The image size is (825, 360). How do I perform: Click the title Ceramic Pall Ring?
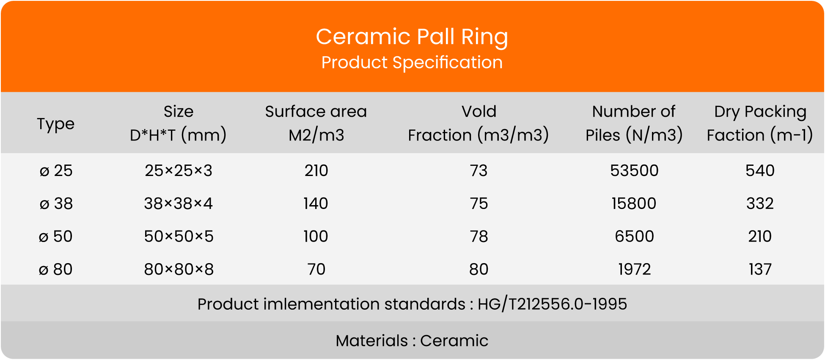[412, 37]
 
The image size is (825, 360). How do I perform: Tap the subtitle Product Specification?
[412, 63]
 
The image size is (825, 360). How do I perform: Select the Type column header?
[55, 124]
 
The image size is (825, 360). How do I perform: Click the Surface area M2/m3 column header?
[316, 123]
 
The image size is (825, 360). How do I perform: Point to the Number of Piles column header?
[634, 123]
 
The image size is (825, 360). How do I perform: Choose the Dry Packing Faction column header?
[760, 123]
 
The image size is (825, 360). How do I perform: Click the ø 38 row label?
[56, 203]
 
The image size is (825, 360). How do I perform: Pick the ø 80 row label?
[55, 269]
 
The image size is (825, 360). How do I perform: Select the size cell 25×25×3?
[179, 170]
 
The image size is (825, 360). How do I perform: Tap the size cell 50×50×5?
[179, 236]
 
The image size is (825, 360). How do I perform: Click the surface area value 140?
[316, 203]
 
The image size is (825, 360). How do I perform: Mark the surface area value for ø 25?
[316, 170]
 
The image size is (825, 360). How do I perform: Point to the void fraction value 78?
[478, 236]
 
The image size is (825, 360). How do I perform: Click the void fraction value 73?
[478, 170]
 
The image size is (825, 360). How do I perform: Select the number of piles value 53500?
[634, 170]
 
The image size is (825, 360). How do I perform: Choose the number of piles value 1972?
[634, 269]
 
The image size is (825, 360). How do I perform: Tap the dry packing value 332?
[760, 203]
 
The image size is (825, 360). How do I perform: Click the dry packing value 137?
[760, 269]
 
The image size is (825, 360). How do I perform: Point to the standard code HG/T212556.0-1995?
[552, 304]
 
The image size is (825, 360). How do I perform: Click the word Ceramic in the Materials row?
[454, 341]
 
